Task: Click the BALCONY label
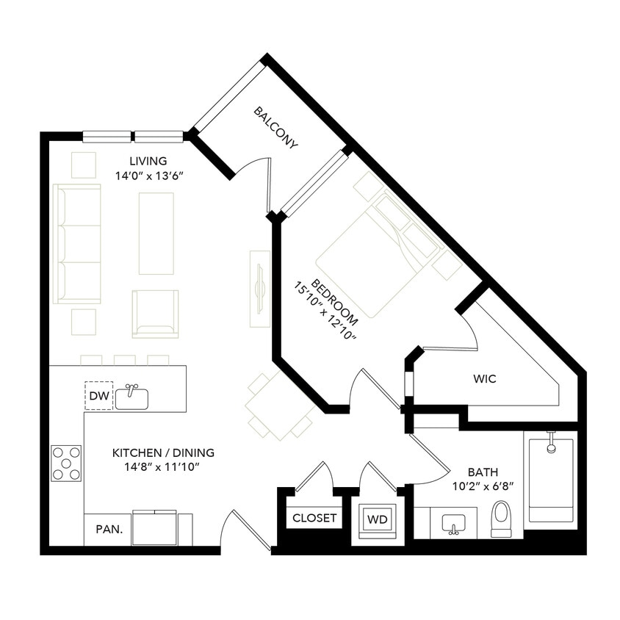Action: click(276, 128)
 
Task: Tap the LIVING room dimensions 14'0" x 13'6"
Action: click(148, 176)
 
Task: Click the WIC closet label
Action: click(484, 379)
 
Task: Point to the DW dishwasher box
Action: click(98, 396)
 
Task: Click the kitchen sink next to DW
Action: click(132, 397)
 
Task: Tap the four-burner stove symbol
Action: click(66, 464)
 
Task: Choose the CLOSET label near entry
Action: click(314, 518)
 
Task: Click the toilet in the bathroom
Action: click(501, 519)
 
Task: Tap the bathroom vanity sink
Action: click(453, 525)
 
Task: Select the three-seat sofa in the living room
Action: click(77, 244)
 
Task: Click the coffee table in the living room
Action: click(156, 233)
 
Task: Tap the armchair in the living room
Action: click(155, 314)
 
